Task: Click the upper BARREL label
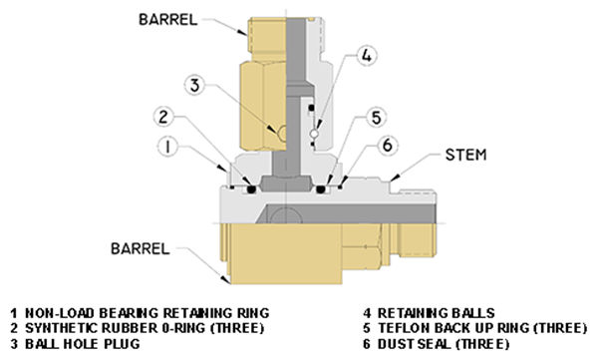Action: pos(168,20)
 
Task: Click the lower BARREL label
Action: pos(141,249)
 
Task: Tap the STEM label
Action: pos(466,155)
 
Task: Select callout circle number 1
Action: pos(167,147)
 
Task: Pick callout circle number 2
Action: pos(163,117)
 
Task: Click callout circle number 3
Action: pos(195,85)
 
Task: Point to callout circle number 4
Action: pos(366,56)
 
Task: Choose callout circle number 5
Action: pos(377,118)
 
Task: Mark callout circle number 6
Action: pos(388,146)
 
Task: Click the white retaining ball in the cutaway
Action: pos(314,134)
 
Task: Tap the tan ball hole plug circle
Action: pos(283,134)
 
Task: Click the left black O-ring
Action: pos(251,188)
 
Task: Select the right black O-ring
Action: pos(321,188)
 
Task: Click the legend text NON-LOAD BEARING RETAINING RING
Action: pos(148,313)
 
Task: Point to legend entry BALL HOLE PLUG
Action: pos(83,344)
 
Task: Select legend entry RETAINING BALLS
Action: pos(437,313)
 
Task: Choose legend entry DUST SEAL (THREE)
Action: pos(444,344)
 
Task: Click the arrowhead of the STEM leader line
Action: pos(395,178)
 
